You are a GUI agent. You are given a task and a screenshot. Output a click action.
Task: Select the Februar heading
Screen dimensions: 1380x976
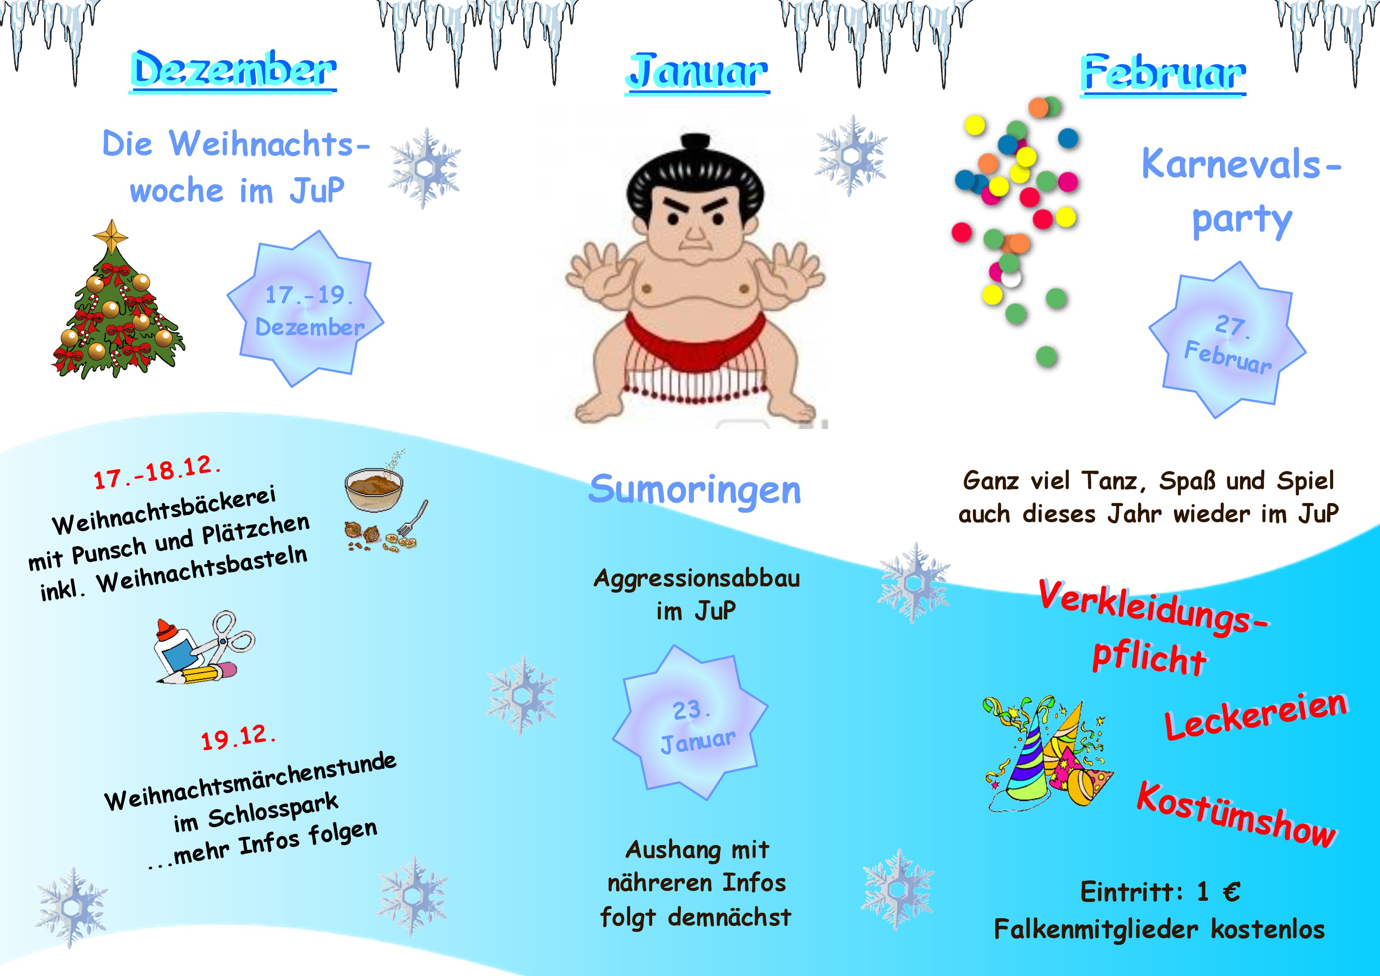tap(1163, 73)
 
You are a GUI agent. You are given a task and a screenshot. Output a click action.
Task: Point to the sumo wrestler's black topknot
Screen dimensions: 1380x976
tap(696, 142)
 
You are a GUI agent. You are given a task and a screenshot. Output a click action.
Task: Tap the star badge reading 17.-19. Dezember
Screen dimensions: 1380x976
tap(305, 309)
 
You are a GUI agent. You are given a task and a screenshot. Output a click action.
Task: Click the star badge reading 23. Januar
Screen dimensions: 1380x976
tap(690, 723)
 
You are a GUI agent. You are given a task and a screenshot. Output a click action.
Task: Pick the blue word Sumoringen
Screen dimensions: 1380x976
tap(695, 490)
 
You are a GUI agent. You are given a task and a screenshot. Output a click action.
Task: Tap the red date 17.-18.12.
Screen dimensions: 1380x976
tap(157, 472)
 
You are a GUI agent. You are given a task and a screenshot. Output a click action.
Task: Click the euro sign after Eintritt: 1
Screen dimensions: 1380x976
tap(1231, 892)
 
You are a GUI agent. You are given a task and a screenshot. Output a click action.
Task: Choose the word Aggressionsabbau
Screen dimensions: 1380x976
tap(697, 579)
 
